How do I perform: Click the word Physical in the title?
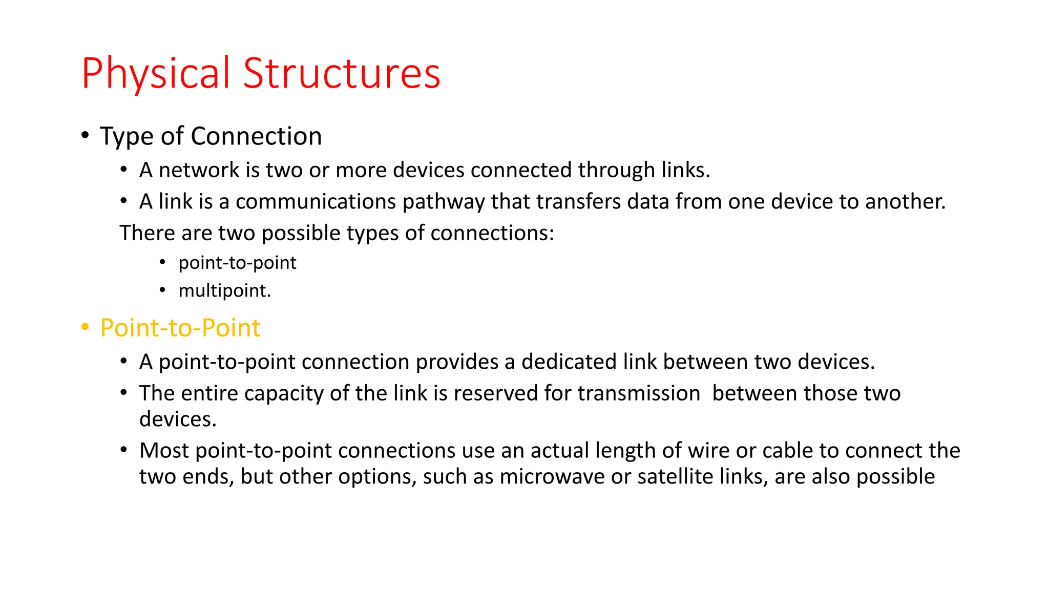coord(156,74)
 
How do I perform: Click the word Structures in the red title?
coord(342,74)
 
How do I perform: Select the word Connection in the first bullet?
coord(256,136)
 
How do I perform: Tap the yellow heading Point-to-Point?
coord(180,328)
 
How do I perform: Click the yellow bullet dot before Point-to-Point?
coord(85,327)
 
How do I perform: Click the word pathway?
coord(444,202)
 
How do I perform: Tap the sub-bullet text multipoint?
coord(224,291)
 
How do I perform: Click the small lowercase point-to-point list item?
coord(237,263)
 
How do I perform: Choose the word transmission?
coord(639,393)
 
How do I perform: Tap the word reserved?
coord(495,393)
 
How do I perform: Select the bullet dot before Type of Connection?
coord(85,135)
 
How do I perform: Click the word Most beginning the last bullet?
coord(164,451)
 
